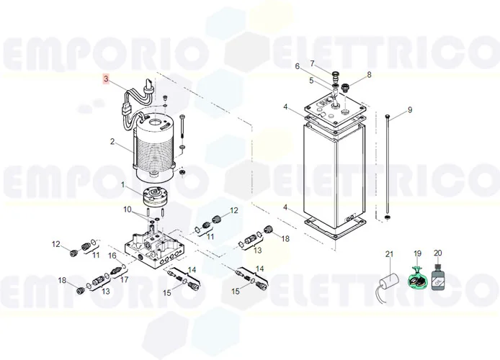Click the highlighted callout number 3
[107, 78]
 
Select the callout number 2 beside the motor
[112, 142]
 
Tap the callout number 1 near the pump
[122, 185]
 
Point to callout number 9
[409, 110]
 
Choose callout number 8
[369, 75]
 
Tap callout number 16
[112, 256]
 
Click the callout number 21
[390, 254]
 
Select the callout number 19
[416, 254]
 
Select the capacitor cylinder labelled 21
[390, 278]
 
